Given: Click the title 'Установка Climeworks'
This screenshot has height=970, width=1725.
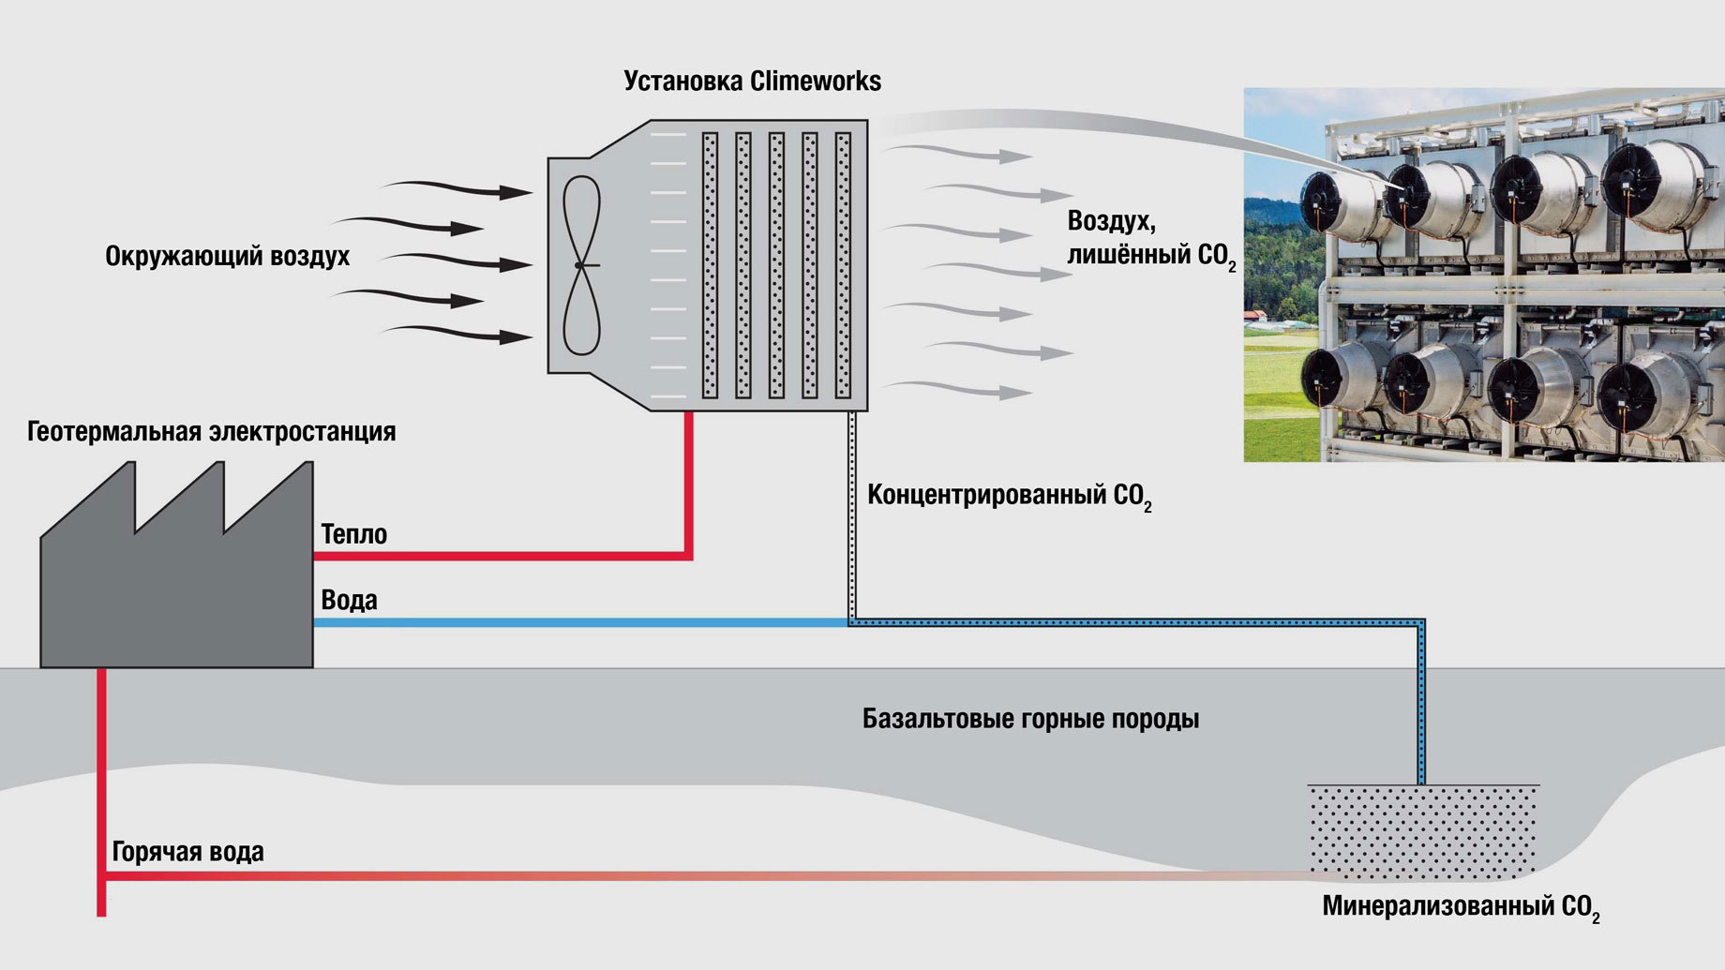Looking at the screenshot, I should click(752, 82).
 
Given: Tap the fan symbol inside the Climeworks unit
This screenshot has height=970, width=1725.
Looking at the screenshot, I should click(581, 265).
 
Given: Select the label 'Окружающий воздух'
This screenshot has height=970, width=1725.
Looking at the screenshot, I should click(227, 256).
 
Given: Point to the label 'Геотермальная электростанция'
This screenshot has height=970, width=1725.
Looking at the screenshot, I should click(211, 431).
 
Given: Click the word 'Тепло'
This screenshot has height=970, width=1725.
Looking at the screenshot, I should click(353, 534).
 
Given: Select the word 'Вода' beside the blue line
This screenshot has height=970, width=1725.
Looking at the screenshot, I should click(349, 600).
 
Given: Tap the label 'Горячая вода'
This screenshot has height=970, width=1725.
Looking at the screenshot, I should click(187, 851).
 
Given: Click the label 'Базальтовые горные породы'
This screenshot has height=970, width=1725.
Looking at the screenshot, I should click(1030, 719).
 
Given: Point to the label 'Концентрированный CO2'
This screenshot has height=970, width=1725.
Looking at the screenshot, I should click(1009, 496).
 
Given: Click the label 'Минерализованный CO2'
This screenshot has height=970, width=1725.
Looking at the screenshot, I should click(1460, 907).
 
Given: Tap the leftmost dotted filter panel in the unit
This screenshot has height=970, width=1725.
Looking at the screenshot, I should click(710, 265).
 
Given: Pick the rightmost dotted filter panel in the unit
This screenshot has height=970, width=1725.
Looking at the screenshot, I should click(843, 265).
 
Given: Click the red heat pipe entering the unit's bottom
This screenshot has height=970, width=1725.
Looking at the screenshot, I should click(689, 478).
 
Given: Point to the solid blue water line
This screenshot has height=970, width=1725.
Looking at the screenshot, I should click(581, 622).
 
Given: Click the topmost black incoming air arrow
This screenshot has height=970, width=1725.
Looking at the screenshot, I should click(459, 188).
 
